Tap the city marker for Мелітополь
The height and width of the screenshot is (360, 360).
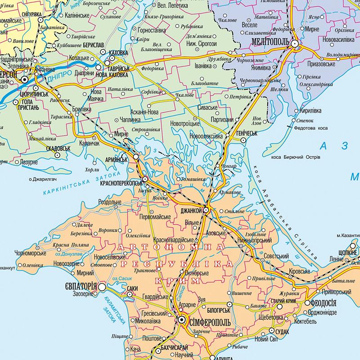(x=295, y=44)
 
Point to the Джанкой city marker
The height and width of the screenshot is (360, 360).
(x=206, y=210)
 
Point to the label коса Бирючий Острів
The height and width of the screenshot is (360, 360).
(x=296, y=157)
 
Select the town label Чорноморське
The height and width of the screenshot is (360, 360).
(x=31, y=252)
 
